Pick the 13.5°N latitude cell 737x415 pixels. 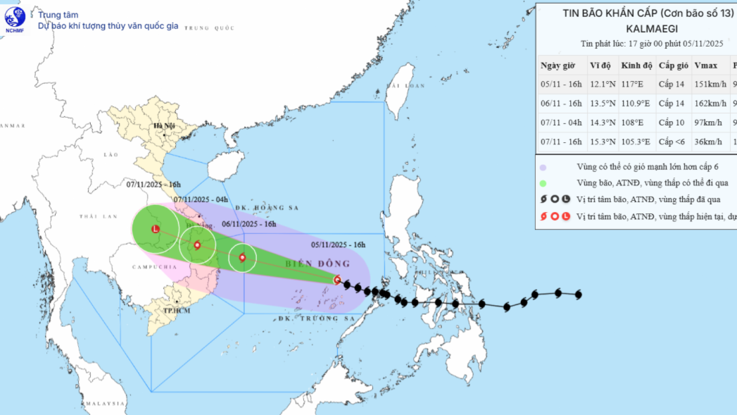[603, 104]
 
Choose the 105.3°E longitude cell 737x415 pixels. [637, 142]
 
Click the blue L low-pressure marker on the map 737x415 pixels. [156, 228]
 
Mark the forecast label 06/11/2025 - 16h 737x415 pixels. [248, 225]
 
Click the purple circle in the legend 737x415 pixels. [543, 168]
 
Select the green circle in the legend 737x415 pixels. [543, 184]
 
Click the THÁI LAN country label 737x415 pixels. [92, 216]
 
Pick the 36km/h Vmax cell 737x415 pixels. [707, 142]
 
